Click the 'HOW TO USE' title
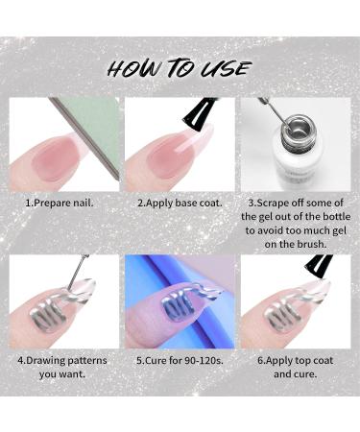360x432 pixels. [x=180, y=67]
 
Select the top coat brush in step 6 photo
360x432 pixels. [x=313, y=269]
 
